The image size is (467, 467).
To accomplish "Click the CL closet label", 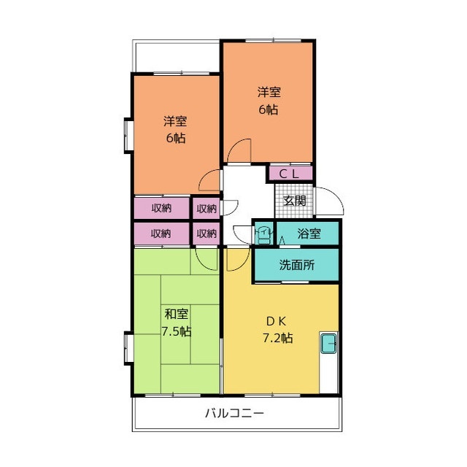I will [x=290, y=174].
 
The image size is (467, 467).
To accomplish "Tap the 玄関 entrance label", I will [x=294, y=200].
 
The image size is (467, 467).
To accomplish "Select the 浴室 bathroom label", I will [x=309, y=233].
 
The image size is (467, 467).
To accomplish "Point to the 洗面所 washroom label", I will [x=297, y=266].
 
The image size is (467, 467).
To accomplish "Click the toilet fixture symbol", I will [x=262, y=233].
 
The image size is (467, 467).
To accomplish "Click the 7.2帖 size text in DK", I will [x=277, y=338].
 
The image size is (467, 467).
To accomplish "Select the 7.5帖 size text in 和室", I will [x=176, y=331].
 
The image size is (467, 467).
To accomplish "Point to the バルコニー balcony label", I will [x=233, y=413].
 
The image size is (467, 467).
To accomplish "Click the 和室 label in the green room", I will [x=176, y=314].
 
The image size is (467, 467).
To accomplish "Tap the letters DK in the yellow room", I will [x=277, y=321].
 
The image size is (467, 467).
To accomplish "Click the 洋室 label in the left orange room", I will [x=175, y=120].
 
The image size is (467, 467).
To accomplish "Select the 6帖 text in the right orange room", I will [x=268, y=109].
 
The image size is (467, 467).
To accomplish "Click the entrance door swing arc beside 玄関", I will [x=329, y=201].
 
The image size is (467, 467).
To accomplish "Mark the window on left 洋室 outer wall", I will [x=128, y=135].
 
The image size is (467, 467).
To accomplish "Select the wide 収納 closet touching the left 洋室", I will [x=161, y=208].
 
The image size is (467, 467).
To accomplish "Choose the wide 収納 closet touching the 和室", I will [x=161, y=233].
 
